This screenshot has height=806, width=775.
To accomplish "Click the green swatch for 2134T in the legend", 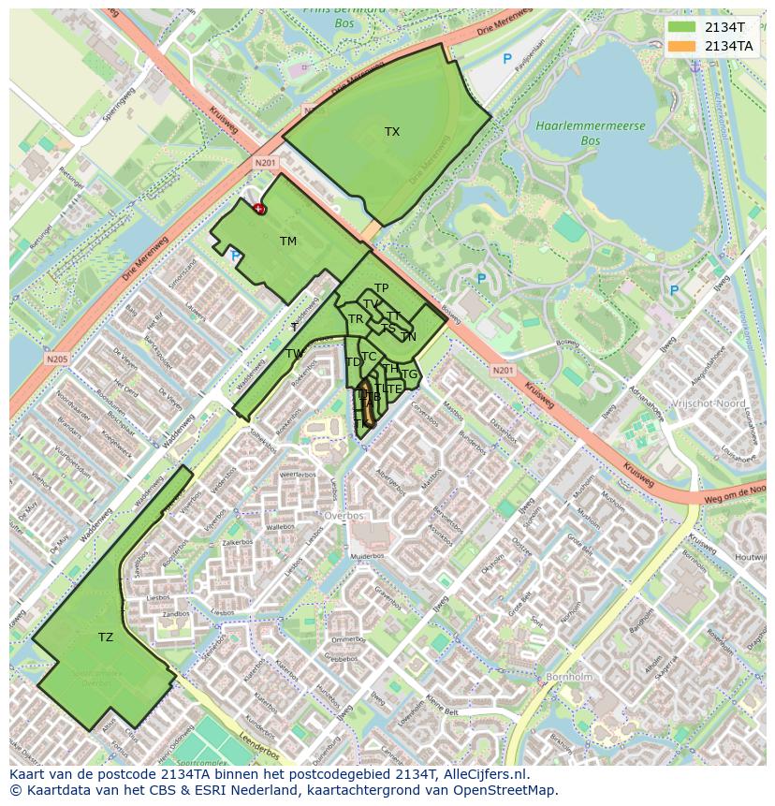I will click(x=682, y=28).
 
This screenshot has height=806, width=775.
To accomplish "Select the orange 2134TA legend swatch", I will click(x=682, y=46).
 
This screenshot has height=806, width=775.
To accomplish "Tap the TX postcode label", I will click(x=392, y=132).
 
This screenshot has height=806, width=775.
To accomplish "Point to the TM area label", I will click(x=287, y=242).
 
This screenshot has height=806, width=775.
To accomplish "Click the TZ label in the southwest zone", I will click(x=106, y=637).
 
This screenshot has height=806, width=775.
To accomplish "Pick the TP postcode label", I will click(x=381, y=288).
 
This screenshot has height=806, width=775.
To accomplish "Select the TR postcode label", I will click(x=356, y=319).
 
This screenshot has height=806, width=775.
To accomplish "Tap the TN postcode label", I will click(x=408, y=337).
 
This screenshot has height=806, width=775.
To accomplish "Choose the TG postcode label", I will click(x=409, y=374).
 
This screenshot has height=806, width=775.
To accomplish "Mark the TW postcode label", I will click(x=295, y=354).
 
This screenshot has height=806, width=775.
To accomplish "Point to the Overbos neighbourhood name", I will click(x=344, y=515).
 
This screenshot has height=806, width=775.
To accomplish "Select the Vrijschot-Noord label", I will click(x=708, y=403).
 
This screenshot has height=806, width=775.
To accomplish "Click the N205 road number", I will click(x=57, y=358).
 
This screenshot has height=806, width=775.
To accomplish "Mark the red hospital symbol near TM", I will click(x=259, y=209).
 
